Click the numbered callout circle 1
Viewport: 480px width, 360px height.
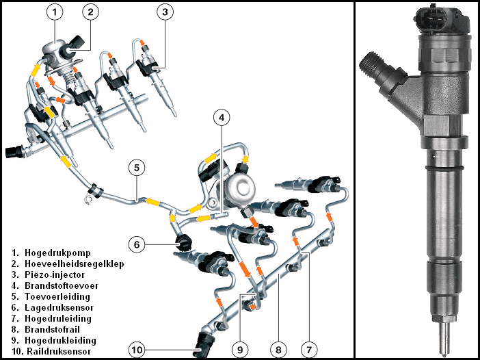[x=55, y=11]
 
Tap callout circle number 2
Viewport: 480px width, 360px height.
[x=92, y=11]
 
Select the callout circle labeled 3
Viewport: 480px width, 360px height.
[x=163, y=11]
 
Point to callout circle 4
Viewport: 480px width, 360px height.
[x=221, y=118]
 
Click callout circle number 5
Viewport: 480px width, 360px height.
[x=137, y=166]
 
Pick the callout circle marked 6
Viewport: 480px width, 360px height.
[x=137, y=243]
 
